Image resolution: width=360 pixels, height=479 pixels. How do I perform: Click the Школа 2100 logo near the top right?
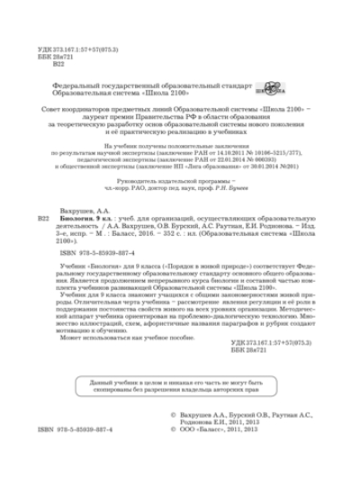pos(270,89)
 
